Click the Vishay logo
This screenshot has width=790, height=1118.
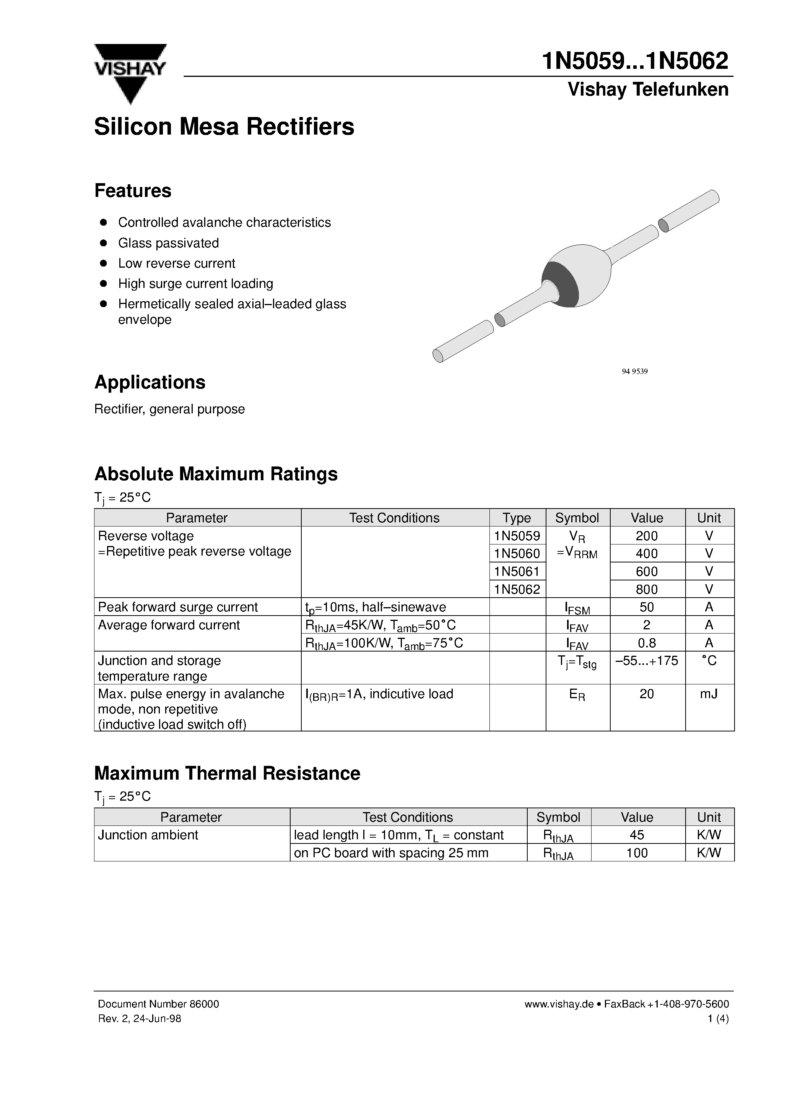tap(130, 73)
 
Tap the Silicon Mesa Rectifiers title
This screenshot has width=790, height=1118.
tap(224, 127)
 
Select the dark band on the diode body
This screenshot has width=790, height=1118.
tap(560, 284)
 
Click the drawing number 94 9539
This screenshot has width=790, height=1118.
tap(635, 372)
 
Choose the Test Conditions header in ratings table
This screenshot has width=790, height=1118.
tap(394, 518)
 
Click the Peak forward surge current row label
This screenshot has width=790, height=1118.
tap(178, 607)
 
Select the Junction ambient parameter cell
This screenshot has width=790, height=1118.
tap(148, 835)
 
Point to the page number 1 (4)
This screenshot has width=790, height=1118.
tap(718, 1018)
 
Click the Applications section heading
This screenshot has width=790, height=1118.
tap(150, 382)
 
